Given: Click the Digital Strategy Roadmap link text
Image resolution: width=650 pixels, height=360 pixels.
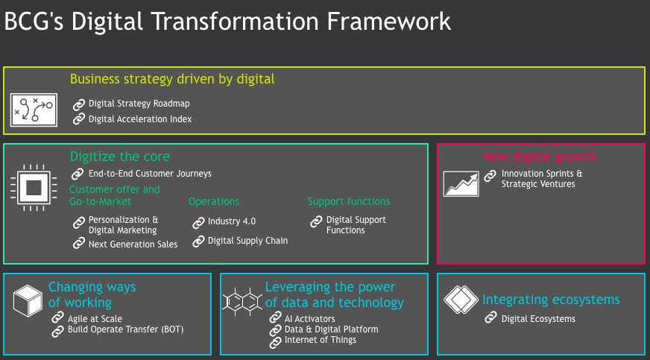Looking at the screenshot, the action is pyautogui.click(x=139, y=104).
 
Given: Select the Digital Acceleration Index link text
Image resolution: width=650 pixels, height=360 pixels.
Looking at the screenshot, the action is pyautogui.click(x=140, y=119).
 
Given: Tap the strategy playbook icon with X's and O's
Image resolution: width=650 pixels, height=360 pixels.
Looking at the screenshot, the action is pyautogui.click(x=34, y=110).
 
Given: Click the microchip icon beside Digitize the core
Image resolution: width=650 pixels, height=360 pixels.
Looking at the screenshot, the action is pyautogui.click(x=34, y=188).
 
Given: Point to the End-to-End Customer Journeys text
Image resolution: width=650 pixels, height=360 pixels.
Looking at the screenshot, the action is pyautogui.click(x=150, y=174).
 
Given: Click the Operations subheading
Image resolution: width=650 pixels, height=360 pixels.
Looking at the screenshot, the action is pyautogui.click(x=214, y=202).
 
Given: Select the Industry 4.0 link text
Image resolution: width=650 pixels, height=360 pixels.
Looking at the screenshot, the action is pyautogui.click(x=232, y=221).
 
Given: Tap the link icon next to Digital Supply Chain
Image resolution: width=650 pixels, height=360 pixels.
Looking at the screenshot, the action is pyautogui.click(x=198, y=241).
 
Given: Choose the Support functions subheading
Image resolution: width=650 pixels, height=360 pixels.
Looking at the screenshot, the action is pyautogui.click(x=349, y=201).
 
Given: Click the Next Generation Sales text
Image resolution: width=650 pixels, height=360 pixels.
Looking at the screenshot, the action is pyautogui.click(x=133, y=244).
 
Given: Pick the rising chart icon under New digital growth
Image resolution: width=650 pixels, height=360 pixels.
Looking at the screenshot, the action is pyautogui.click(x=461, y=183).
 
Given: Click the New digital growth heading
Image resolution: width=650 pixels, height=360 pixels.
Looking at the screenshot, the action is pyautogui.click(x=540, y=157).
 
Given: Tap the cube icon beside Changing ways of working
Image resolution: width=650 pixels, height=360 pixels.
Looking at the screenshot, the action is pyautogui.click(x=28, y=301).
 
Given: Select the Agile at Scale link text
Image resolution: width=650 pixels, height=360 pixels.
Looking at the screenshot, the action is pyautogui.click(x=95, y=319).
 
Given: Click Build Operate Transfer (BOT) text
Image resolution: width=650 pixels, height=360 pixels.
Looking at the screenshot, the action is pyautogui.click(x=126, y=329).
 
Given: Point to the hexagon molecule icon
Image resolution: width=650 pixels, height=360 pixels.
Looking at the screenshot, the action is pyautogui.click(x=242, y=302).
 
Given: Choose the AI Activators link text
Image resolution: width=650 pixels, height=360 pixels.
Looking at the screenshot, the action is pyautogui.click(x=309, y=319).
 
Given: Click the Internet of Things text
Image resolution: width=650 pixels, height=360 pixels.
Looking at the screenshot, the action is pyautogui.click(x=320, y=340).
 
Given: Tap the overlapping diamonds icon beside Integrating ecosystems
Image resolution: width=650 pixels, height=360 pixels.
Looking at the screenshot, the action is pyautogui.click(x=461, y=299).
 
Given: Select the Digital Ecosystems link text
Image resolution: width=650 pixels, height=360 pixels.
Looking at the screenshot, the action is pyautogui.click(x=538, y=319).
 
